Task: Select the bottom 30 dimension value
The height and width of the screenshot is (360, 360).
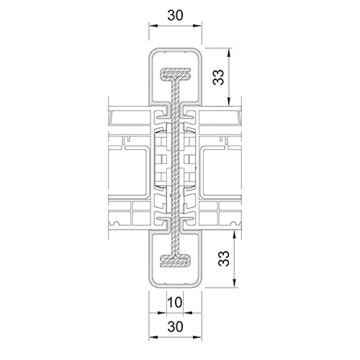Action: (176, 326)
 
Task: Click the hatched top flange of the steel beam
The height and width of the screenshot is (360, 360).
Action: (175, 74)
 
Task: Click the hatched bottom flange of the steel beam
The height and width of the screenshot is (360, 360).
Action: (175, 260)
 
